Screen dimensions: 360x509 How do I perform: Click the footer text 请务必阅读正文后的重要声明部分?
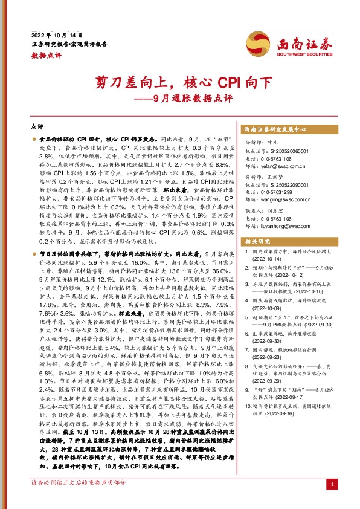point(79,484)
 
